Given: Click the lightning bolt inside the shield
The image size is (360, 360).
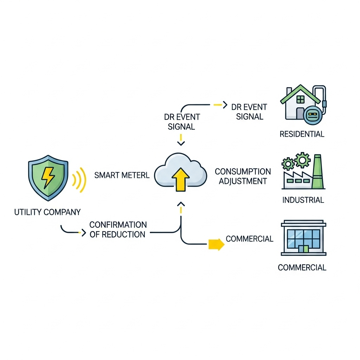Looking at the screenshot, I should point(48,178).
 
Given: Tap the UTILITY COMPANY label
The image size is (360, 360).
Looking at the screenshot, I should point(47,212).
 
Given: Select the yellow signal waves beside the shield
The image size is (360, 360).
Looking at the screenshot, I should point(79,180).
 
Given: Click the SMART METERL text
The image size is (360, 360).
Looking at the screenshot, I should point(122,175).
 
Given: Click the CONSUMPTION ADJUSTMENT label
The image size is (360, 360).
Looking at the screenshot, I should point(243,176).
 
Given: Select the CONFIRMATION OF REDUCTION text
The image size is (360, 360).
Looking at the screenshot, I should point(118,230).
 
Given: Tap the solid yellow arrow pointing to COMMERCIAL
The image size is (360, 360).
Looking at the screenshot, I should point(216,244).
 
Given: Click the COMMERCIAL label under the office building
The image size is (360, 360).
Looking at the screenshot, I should point(302,268).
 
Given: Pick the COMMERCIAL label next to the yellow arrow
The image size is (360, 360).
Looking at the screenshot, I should point(249,239).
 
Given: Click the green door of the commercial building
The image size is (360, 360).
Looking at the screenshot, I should point(303,249).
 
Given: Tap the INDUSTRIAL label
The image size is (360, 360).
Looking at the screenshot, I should point(303,200).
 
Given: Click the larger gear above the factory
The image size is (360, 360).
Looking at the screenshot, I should point(303,160).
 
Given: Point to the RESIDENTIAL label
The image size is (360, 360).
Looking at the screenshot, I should point(302,134).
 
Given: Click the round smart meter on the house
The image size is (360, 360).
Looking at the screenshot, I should point(312,114).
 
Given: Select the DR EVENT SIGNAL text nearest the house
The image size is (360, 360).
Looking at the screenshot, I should point(250,112).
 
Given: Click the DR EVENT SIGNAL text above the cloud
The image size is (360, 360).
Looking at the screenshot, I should point(182,122).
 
